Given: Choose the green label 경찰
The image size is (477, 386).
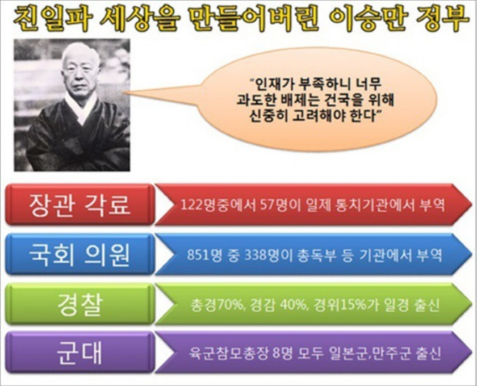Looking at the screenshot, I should tap(79, 304).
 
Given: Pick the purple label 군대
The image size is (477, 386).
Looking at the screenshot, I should tap(79, 353).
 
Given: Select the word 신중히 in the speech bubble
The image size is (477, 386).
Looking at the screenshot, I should tap(269, 116).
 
